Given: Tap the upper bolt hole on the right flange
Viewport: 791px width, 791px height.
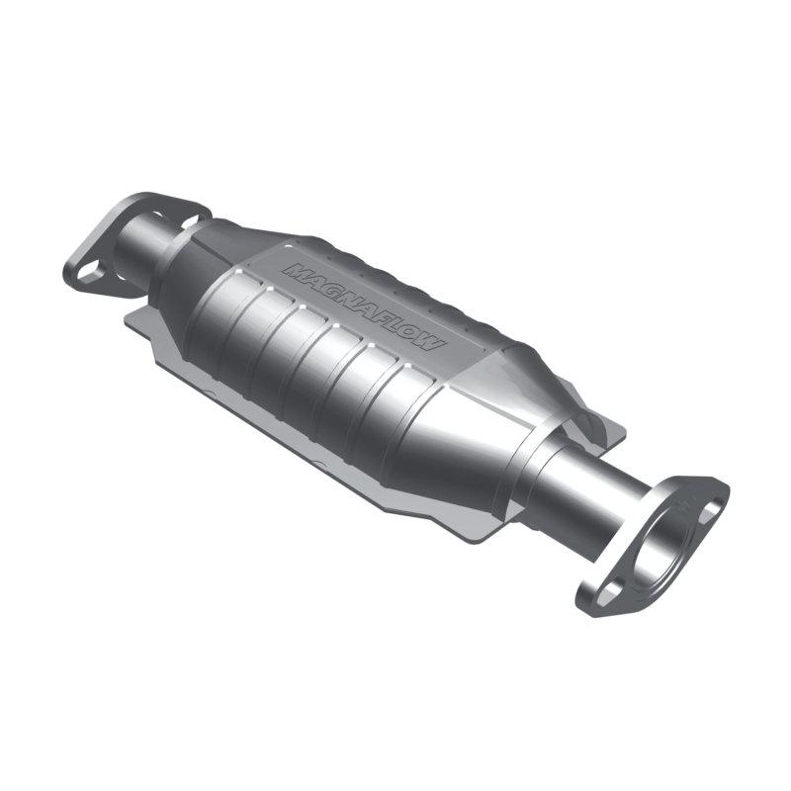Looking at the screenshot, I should click(x=708, y=493).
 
